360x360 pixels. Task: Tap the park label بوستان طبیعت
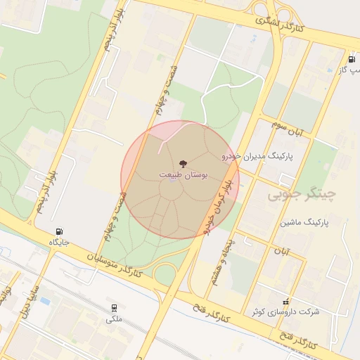coord(179,174)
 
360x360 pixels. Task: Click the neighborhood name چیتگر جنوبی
coord(303,192)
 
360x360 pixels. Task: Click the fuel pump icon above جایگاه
coord(58,231)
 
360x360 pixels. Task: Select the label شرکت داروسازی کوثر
coord(285,311)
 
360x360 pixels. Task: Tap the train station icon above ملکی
coord(114,308)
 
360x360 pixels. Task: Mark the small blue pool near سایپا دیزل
coord(46,301)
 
